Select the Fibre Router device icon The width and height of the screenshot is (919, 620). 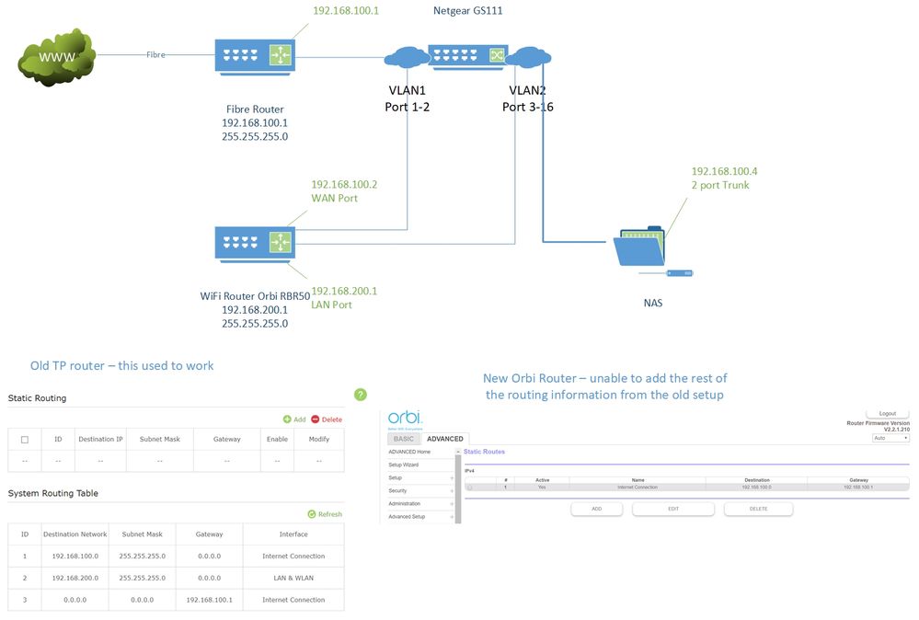point(255,54)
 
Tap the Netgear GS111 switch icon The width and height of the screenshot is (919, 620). point(467,55)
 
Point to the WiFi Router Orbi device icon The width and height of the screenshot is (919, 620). point(255,243)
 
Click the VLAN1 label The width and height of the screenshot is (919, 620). point(407,91)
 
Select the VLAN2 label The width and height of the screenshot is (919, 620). point(527,91)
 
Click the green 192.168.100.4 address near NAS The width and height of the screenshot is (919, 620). point(724,171)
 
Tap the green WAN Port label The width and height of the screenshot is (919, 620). point(334,199)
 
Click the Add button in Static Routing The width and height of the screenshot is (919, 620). point(294,419)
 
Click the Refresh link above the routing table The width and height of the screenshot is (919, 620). point(325,514)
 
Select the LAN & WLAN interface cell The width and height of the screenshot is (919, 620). point(293,578)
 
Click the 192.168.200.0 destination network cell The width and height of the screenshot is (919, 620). point(75,578)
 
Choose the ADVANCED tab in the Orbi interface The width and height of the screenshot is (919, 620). point(444,439)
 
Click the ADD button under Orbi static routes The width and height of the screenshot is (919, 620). point(596,508)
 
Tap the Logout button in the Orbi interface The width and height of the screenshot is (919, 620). point(887,414)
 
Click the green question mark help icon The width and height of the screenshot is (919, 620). point(361,395)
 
